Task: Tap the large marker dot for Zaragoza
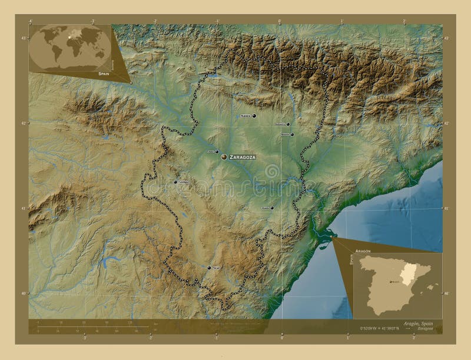coord(224,157)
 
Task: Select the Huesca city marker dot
coord(254,116)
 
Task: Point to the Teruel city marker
coord(208,268)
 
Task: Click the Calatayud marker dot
coord(175,182)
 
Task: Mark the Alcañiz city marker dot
coord(272,208)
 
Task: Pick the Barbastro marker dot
coord(288,124)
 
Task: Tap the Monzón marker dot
coord(291,134)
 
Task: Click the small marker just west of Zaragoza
coord(217,151)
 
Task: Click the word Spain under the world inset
coord(104,75)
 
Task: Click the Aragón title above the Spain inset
coord(363,251)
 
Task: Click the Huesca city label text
coord(245,116)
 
